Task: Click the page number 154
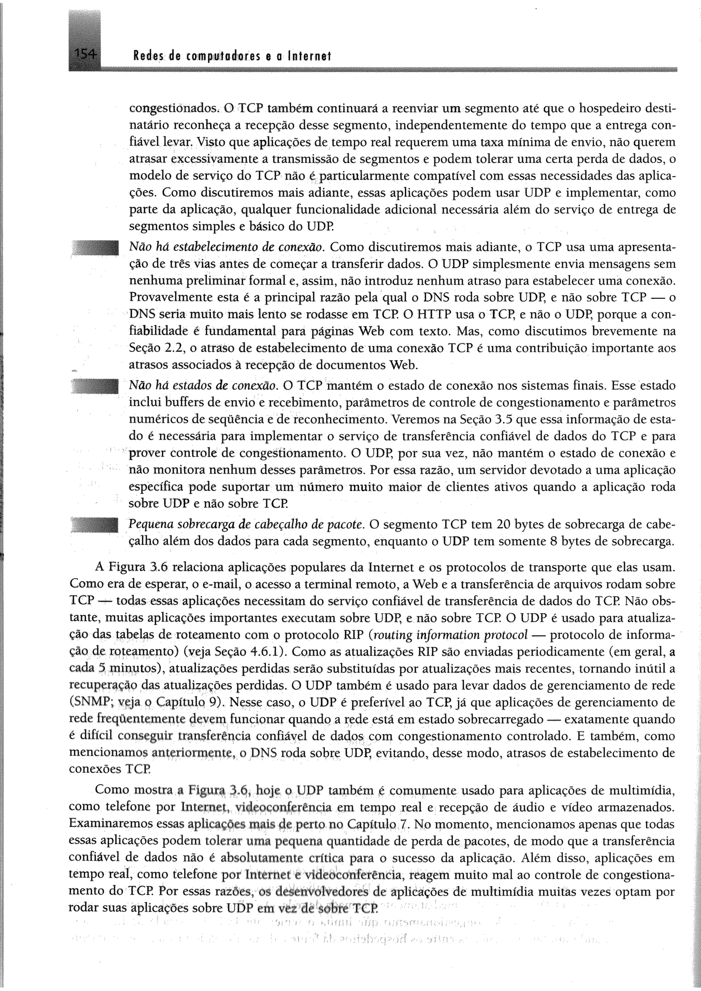point(85,55)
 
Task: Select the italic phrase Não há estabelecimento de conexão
point(227,247)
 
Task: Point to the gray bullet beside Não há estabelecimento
point(94,249)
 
